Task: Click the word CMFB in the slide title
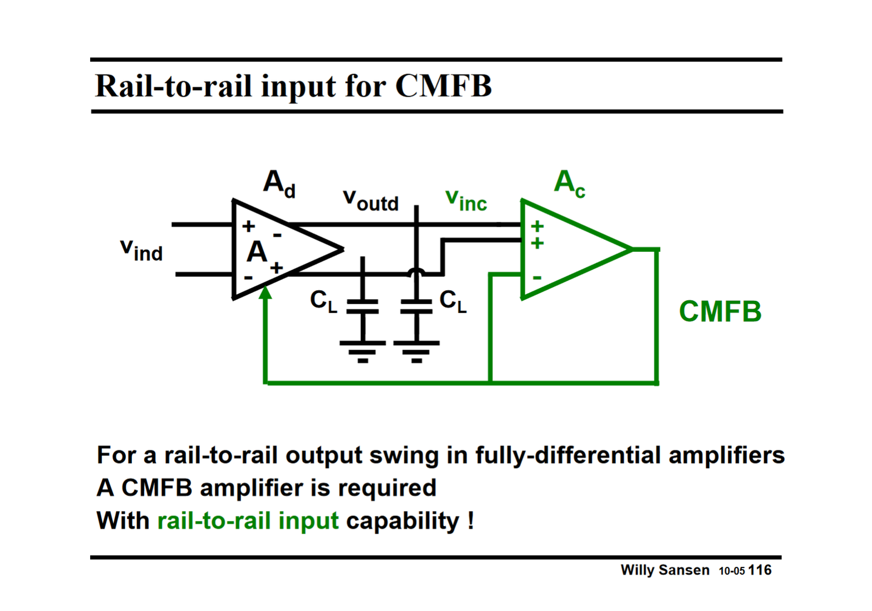[443, 85]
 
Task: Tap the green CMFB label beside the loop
[719, 312]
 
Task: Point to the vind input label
[141, 249]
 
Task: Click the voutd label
[371, 199]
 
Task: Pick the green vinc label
[466, 199]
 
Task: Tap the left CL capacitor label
[323, 301]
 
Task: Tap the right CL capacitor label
[453, 301]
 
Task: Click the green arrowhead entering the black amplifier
[265, 293]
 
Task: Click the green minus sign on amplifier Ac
[537, 278]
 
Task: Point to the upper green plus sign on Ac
[537, 226]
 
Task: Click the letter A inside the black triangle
[257, 252]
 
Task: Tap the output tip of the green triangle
[631, 249]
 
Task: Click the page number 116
[759, 570]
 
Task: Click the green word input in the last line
[308, 521]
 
